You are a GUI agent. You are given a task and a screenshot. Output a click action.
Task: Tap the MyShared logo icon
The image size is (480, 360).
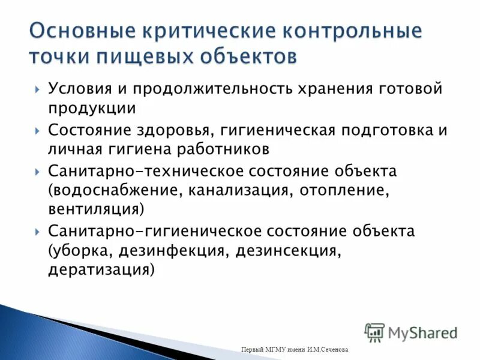374,332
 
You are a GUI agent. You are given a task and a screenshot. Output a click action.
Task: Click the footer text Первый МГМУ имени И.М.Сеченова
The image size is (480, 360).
293,350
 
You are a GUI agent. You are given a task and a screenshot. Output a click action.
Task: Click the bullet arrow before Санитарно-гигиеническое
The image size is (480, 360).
37,232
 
